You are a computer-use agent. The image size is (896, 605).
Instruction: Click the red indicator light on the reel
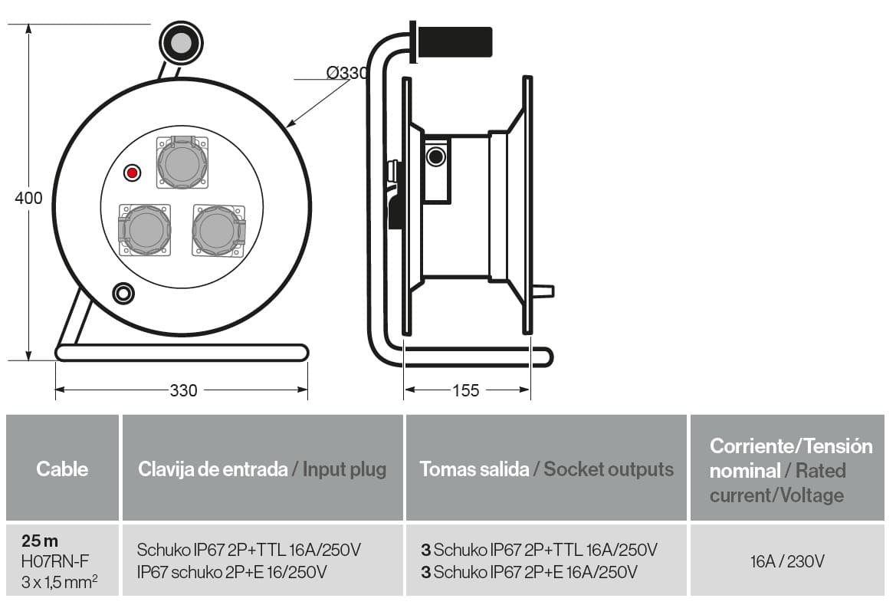click(133, 173)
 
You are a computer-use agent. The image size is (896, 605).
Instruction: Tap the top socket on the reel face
click(182, 163)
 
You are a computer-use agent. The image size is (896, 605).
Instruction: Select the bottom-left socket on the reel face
click(144, 229)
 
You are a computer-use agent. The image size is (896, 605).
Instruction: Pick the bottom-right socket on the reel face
click(219, 229)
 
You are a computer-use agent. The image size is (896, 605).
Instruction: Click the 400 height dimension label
click(29, 199)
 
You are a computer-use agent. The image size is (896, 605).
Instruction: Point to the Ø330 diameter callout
click(347, 73)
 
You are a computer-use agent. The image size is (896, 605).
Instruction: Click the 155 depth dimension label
click(466, 390)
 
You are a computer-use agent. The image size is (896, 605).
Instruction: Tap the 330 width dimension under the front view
click(183, 390)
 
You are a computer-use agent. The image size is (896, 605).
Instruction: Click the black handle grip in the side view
click(455, 42)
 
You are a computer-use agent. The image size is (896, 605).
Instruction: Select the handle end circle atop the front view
click(180, 43)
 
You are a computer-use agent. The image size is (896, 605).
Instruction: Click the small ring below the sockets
click(123, 293)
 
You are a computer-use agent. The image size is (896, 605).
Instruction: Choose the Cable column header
click(62, 469)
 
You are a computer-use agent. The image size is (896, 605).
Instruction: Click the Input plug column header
click(262, 469)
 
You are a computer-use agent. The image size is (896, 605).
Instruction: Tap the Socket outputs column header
click(546, 469)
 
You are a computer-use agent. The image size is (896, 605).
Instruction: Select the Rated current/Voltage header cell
click(789, 469)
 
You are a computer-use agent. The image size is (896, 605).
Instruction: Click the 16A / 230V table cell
click(787, 561)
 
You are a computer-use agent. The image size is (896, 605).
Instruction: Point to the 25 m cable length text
click(40, 541)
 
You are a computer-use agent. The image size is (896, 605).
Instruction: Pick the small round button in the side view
click(436, 157)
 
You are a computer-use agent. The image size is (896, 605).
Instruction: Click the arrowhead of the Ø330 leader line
click(289, 124)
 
